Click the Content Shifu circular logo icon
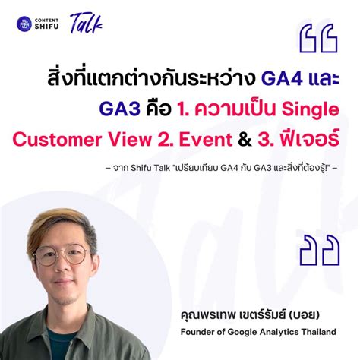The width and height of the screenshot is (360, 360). coord(24,24)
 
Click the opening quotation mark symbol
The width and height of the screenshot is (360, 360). coord(317,39)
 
